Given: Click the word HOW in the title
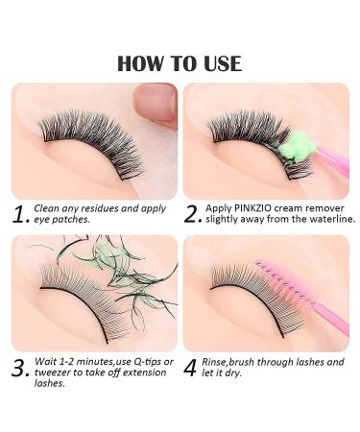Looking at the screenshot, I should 136,63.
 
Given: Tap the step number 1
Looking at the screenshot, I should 19,212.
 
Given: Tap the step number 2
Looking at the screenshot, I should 193,212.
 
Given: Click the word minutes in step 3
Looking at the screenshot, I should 91,363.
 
